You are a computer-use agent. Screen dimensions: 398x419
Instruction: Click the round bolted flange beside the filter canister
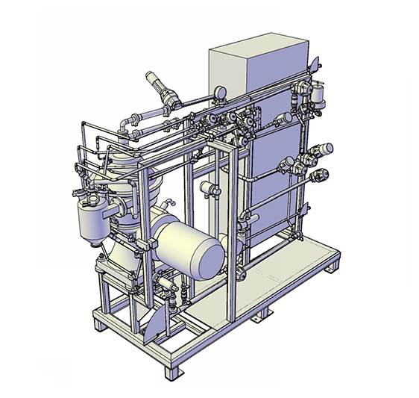point(120,204)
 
